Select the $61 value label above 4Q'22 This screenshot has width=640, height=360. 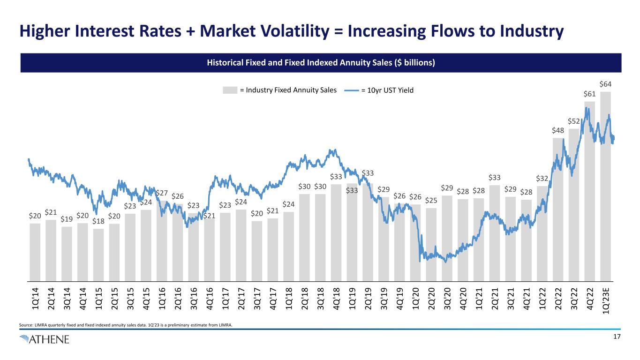point(590,94)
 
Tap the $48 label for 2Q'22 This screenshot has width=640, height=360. point(557,130)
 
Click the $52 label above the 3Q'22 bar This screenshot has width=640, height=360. point(574,121)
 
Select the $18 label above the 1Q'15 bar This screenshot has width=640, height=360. point(98,221)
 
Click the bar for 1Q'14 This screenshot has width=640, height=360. point(35,251)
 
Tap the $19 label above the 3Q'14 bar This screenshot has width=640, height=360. point(67,219)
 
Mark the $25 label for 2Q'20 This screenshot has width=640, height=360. point(431,201)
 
